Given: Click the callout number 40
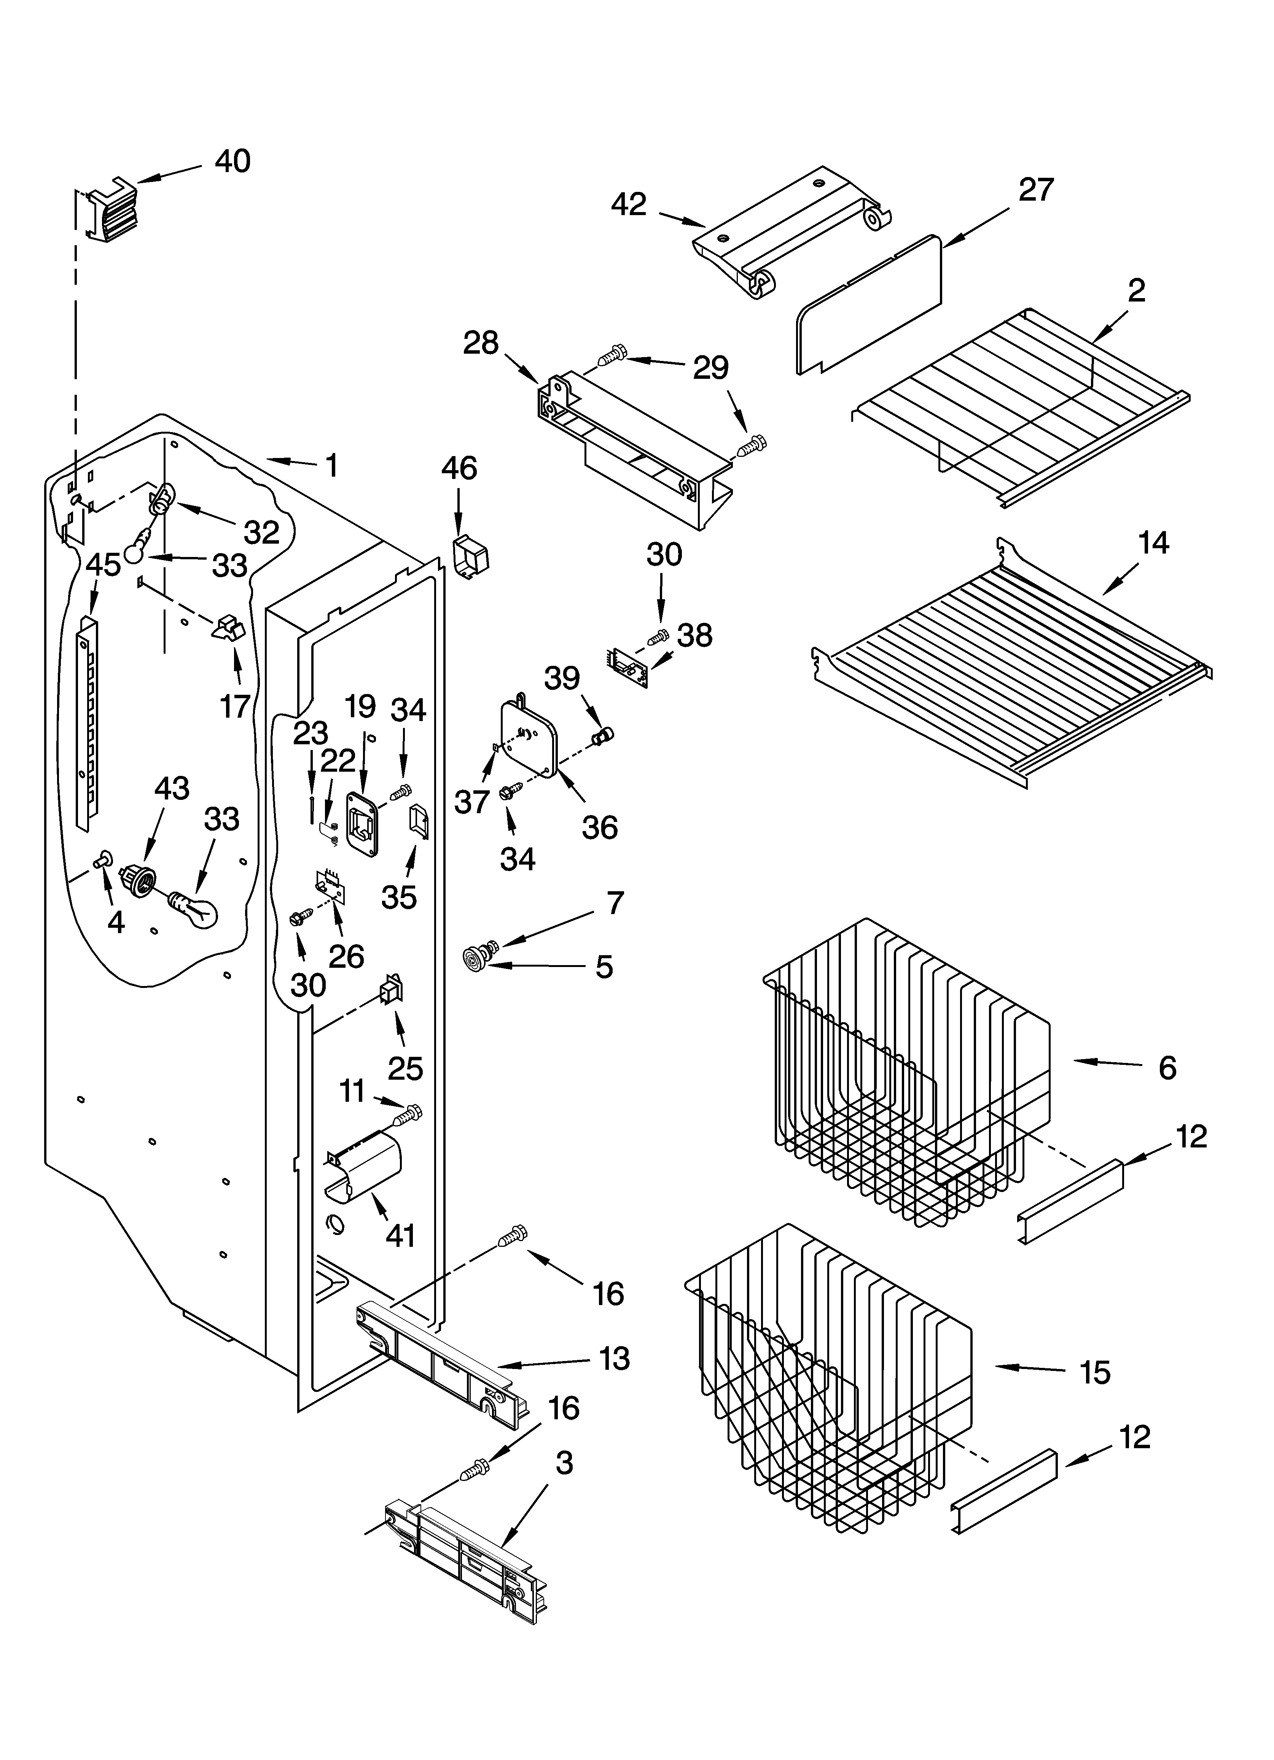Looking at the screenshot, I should tap(233, 161).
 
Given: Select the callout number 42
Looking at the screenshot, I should tap(629, 205).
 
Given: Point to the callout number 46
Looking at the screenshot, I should tap(459, 469).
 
